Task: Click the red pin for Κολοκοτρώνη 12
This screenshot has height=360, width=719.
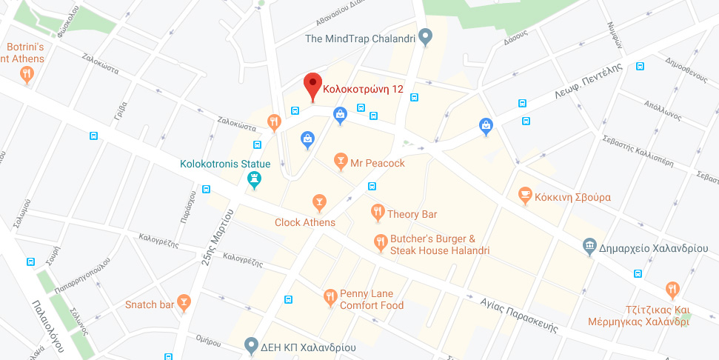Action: (312, 86)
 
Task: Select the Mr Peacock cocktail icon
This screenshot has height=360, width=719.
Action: (340, 161)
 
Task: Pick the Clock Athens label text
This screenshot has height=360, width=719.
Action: (305, 222)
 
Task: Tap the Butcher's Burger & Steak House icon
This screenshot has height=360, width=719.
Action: (380, 241)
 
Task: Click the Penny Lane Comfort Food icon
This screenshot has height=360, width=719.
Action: (330, 298)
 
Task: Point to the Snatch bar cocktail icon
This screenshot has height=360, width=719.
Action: (184, 302)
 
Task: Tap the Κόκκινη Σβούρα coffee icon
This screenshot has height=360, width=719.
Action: (525, 196)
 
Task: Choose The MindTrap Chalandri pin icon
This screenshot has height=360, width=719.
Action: (425, 36)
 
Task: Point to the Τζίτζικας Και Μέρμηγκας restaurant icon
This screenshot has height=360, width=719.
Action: (672, 290)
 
